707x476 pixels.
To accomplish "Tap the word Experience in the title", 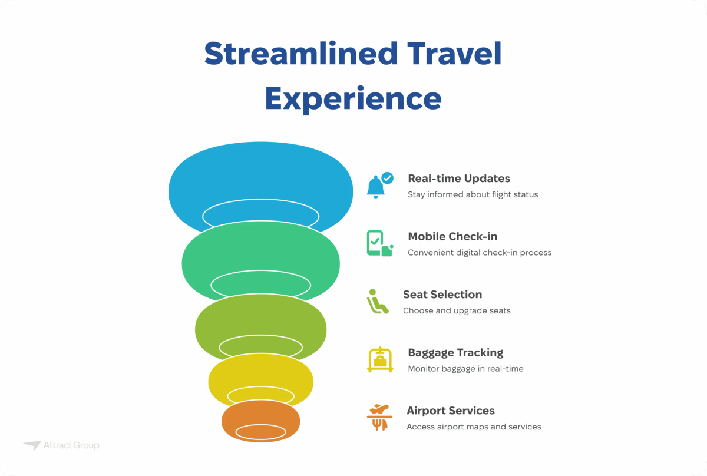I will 353,98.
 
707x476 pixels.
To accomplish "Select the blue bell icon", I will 376,186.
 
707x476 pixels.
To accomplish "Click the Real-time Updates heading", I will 459,178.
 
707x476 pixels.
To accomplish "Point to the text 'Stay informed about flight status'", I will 473,194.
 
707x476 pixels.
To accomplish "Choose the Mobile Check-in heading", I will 452,237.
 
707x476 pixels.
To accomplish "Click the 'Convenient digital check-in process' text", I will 480,253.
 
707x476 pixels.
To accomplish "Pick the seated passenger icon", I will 377,301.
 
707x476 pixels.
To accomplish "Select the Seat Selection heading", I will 442,295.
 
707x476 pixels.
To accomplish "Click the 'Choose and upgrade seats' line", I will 457,310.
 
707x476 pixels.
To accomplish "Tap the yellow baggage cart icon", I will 380,359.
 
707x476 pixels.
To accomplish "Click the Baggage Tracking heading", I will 455,353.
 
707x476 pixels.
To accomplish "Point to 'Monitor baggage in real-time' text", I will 465,369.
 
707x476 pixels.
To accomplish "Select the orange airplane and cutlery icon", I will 379,417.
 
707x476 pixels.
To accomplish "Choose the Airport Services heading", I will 451,411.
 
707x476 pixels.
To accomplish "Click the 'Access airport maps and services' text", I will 474,427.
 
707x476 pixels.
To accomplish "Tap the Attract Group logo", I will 61,445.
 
